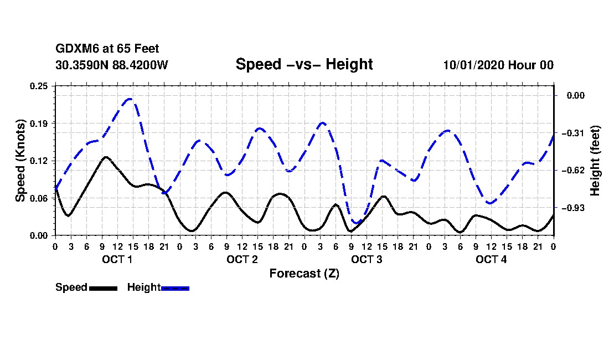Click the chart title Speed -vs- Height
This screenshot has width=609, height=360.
304,64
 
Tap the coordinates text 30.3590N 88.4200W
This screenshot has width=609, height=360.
111,65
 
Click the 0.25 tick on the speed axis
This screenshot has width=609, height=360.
39,85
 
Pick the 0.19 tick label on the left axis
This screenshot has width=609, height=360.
39,123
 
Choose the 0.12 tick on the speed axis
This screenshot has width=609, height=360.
39,161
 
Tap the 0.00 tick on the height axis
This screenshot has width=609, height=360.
574,96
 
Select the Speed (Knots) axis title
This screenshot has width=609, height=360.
20,160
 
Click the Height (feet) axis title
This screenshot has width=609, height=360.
596,161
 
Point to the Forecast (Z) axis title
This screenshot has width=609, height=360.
304,274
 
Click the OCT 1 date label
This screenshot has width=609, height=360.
117,260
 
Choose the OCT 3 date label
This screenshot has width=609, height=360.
367,260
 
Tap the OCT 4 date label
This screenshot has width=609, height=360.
491,260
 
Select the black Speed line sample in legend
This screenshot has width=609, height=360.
103,288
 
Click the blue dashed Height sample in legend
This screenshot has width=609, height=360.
175,288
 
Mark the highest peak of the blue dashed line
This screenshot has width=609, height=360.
130,99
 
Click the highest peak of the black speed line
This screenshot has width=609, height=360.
105,157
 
